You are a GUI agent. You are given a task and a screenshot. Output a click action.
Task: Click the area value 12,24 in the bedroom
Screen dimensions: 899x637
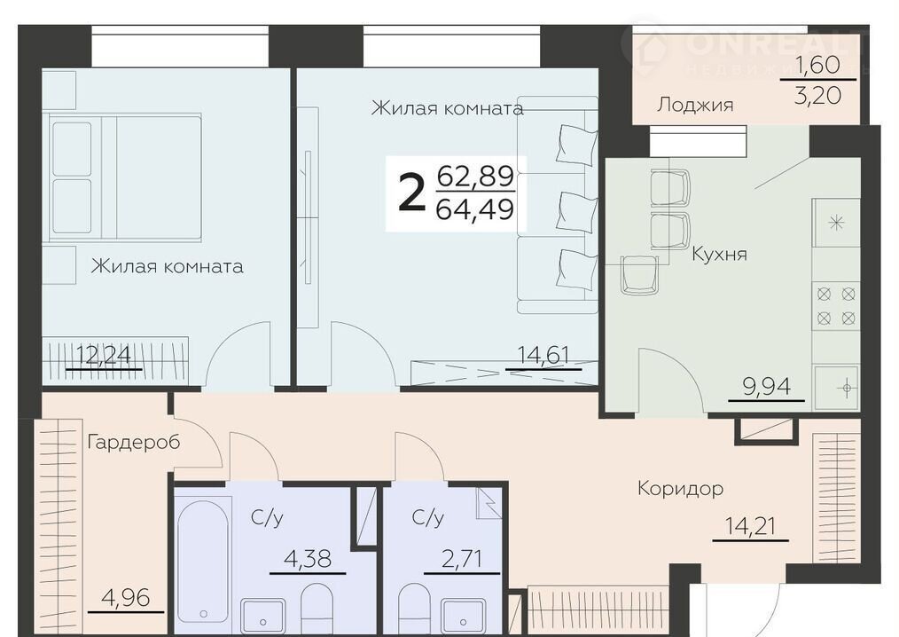(x=104, y=355)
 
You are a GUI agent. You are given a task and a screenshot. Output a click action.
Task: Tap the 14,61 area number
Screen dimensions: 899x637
(x=543, y=355)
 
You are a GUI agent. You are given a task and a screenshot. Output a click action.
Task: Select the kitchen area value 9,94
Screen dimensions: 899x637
(x=767, y=387)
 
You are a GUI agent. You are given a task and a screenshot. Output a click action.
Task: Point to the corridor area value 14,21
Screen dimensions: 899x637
(x=751, y=526)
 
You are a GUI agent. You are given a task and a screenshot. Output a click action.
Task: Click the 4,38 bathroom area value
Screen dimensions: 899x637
(x=308, y=558)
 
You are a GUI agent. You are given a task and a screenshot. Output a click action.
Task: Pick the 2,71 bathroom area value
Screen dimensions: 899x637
(x=462, y=558)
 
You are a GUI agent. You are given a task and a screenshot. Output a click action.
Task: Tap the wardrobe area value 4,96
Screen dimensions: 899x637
(x=126, y=599)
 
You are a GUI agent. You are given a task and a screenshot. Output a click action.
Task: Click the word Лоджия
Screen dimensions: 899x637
(x=695, y=105)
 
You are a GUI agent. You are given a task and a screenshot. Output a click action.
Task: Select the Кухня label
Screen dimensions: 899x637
(x=720, y=253)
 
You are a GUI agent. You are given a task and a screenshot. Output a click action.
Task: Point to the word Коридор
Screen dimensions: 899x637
(x=681, y=489)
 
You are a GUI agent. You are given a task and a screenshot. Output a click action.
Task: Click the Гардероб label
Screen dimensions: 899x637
(x=134, y=443)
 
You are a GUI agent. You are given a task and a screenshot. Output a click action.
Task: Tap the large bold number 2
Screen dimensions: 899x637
(x=412, y=193)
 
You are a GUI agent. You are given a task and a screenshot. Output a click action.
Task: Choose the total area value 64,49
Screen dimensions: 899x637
(x=474, y=209)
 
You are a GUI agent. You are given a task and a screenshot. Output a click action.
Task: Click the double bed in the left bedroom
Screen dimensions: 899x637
(x=125, y=177)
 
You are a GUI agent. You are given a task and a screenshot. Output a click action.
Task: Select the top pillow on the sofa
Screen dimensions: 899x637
(x=577, y=144)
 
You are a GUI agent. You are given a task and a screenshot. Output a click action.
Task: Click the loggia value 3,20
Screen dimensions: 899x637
(x=818, y=95)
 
